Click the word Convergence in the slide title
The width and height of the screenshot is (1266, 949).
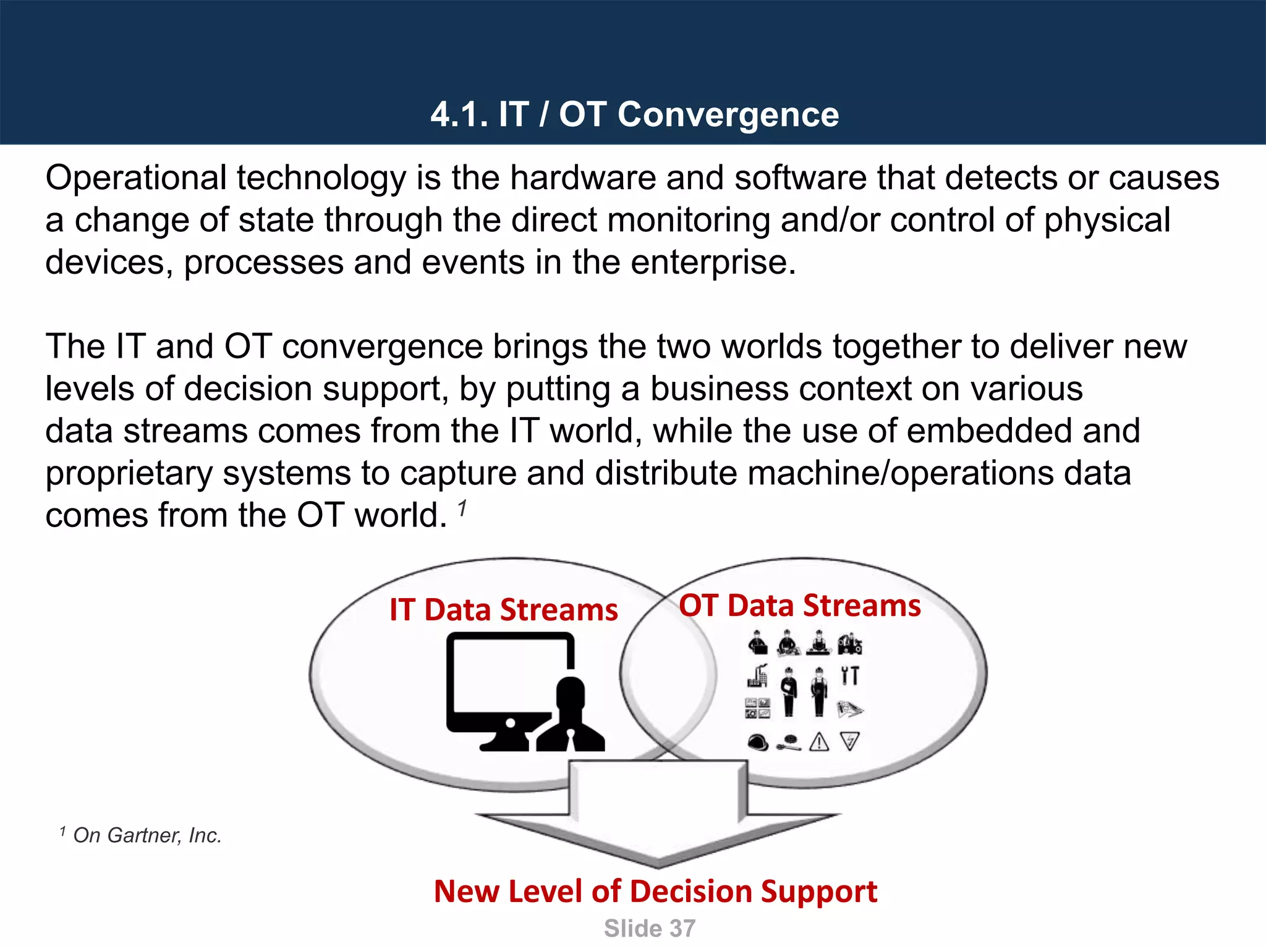tap(728, 115)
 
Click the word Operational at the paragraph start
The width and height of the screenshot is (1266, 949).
tap(136, 178)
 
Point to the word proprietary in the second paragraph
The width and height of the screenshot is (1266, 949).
tap(129, 473)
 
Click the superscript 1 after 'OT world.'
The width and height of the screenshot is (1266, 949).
tap(462, 508)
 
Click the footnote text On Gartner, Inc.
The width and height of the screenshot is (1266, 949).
tap(147, 835)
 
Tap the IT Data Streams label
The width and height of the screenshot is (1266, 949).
tap(503, 610)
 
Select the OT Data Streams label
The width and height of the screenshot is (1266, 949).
tap(799, 605)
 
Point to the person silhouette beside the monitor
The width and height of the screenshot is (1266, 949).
tap(571, 717)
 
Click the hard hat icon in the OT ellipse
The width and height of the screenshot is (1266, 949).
tap(758, 742)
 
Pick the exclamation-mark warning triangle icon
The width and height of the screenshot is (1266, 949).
tap(819, 741)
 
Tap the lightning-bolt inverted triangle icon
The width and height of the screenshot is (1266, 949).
tap(850, 741)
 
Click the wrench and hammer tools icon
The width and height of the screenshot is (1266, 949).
tap(850, 675)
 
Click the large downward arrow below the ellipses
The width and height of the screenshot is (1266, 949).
tap(658, 816)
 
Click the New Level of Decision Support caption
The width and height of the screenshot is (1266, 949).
tap(655, 892)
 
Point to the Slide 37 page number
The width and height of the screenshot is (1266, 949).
tap(649, 929)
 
